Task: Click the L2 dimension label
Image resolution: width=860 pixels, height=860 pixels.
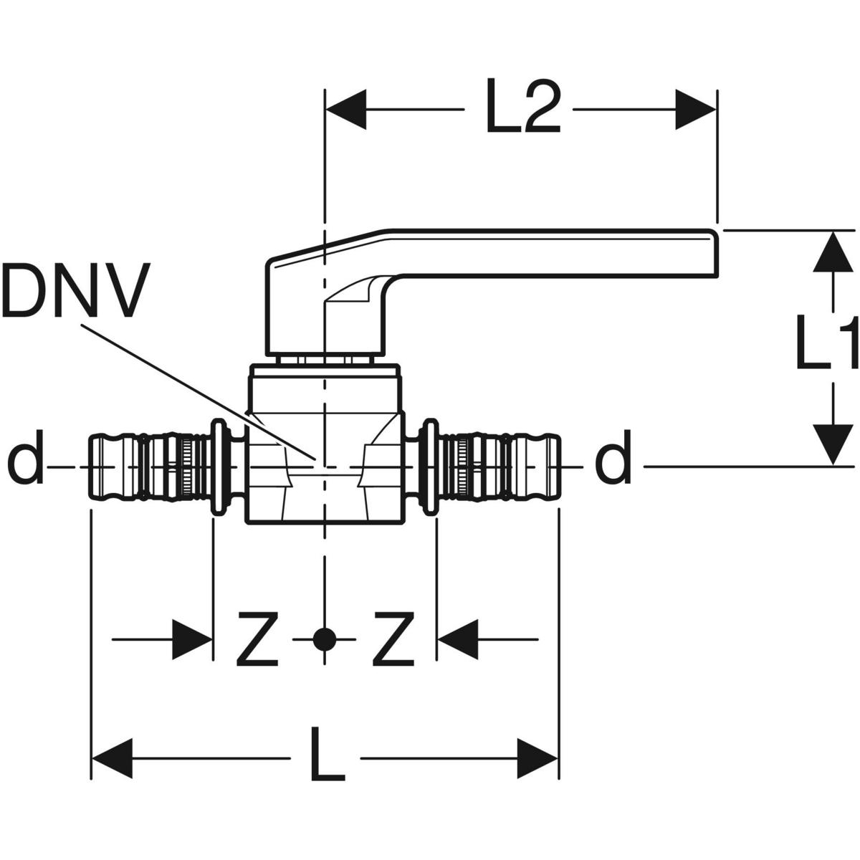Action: [x=522, y=109]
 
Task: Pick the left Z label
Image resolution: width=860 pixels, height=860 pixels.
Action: [x=257, y=638]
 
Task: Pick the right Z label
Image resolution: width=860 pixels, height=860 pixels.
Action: [x=393, y=638]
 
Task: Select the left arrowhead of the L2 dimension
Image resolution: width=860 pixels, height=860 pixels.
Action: [x=346, y=110]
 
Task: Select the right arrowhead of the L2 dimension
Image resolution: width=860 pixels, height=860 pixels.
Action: [x=695, y=110]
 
